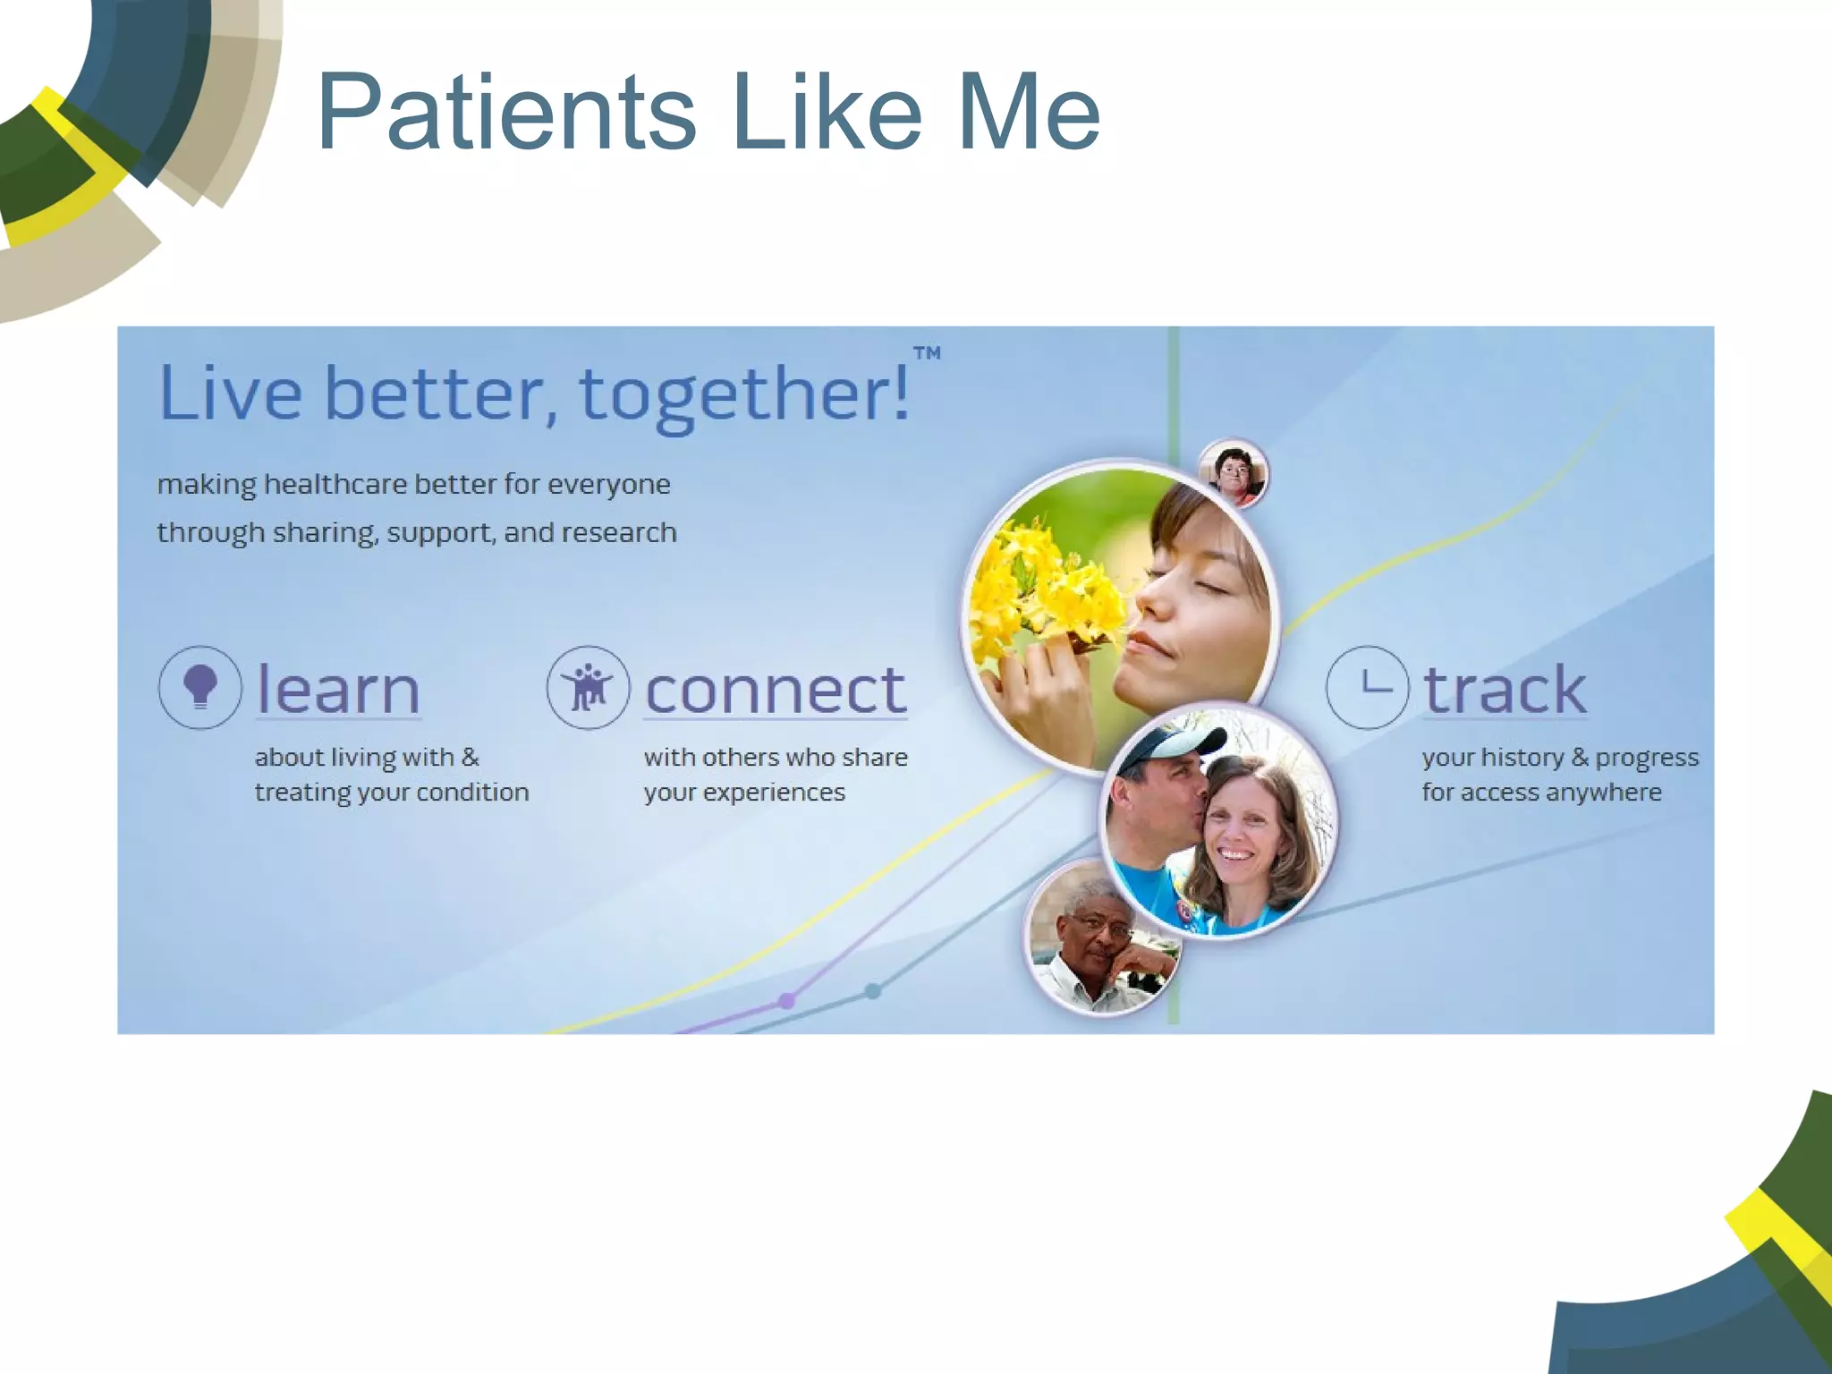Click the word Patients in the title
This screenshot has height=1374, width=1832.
(x=505, y=114)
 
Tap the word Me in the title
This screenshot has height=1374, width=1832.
(x=1029, y=114)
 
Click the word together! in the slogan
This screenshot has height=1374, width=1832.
(x=744, y=394)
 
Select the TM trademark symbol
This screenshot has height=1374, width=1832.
(x=927, y=353)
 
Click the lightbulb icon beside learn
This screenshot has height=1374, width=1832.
(x=200, y=687)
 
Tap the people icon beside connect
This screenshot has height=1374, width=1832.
(x=589, y=687)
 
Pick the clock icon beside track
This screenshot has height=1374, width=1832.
(x=1367, y=687)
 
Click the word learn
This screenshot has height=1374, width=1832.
(x=338, y=690)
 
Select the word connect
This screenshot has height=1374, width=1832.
(x=776, y=690)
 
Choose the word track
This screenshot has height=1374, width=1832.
(x=1505, y=690)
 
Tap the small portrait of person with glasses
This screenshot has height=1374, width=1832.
(x=1234, y=472)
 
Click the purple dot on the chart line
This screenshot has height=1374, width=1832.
(x=786, y=1000)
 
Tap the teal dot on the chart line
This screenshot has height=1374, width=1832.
(x=873, y=990)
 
